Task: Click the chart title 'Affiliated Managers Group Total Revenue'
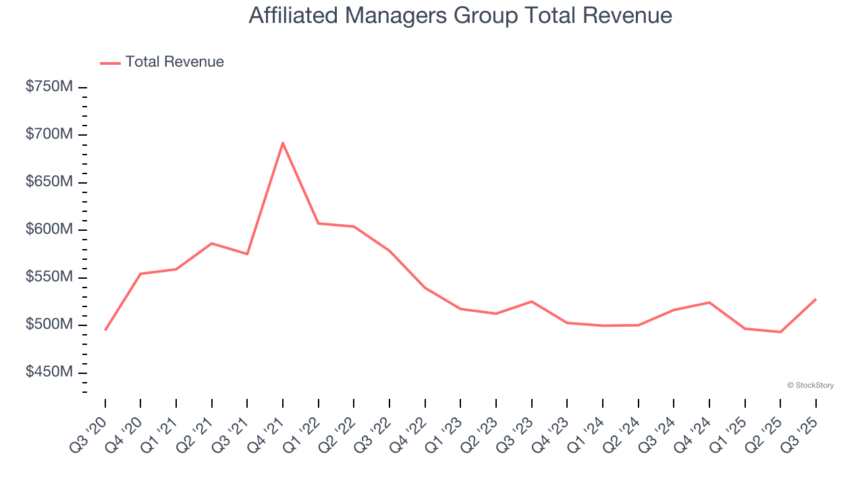point(460,16)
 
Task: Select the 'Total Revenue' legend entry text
point(174,62)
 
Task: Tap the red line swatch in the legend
point(110,63)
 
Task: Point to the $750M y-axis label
point(49,87)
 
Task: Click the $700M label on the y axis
point(49,134)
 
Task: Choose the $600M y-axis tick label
point(49,230)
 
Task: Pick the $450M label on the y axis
point(49,372)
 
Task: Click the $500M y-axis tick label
point(49,325)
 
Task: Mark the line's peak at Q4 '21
point(283,142)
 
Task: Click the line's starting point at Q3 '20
point(105,330)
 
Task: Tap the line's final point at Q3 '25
point(815,299)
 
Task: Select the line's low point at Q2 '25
point(780,332)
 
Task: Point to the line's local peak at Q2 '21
point(212,243)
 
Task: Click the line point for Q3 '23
point(531,301)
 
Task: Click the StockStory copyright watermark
point(810,385)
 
